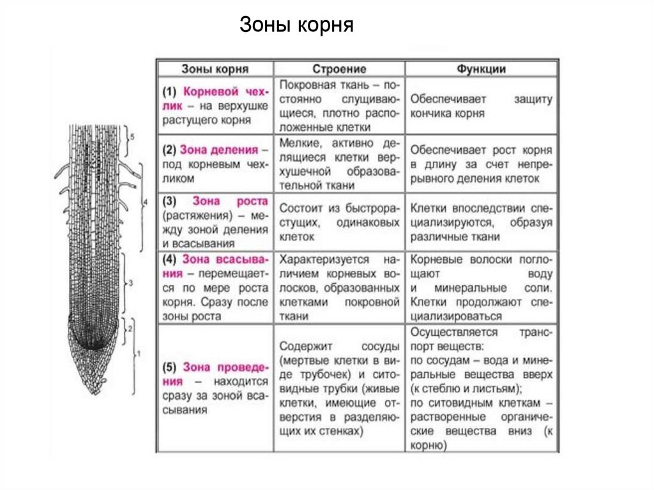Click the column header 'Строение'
coord(339,69)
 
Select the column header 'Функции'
coord(481,69)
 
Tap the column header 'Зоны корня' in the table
coord(215,69)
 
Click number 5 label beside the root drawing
coord(131,137)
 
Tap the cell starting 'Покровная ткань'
coord(339,105)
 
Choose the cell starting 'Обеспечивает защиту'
coord(481,106)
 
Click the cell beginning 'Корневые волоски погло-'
coord(481,287)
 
